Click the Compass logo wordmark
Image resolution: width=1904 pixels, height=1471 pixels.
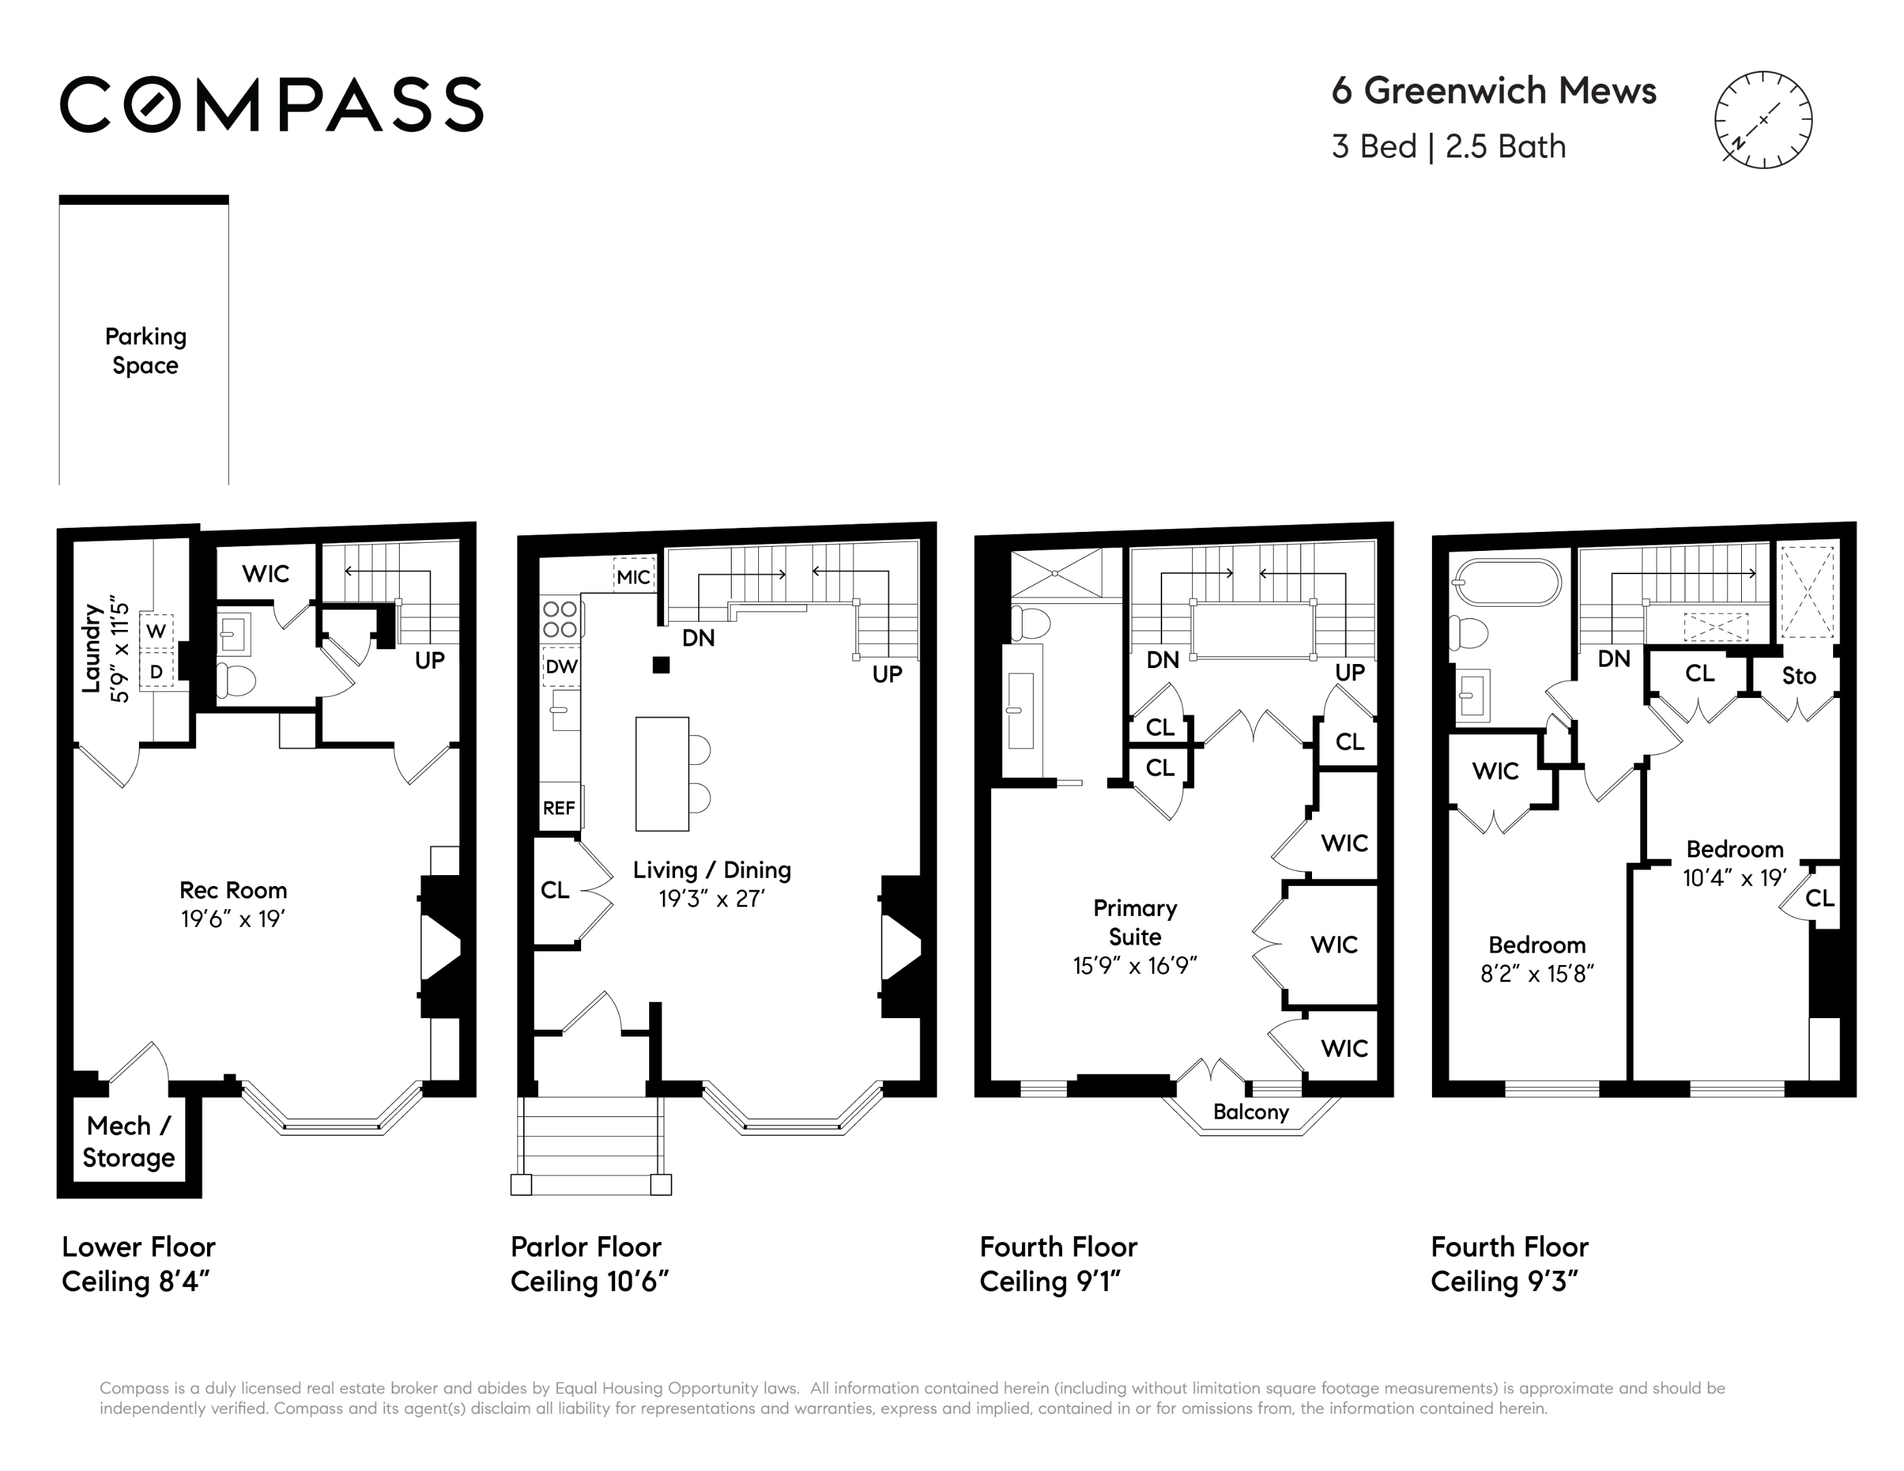pyautogui.click(x=271, y=105)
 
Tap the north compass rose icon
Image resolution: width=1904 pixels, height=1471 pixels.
pyautogui.click(x=1763, y=119)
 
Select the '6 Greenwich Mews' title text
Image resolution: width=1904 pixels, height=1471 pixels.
pyautogui.click(x=1493, y=91)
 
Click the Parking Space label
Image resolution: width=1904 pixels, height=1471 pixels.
pyautogui.click(x=146, y=350)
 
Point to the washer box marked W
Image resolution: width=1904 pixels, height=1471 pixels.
pyautogui.click(x=156, y=631)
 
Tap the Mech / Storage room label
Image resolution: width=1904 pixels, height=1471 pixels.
pyautogui.click(x=129, y=1141)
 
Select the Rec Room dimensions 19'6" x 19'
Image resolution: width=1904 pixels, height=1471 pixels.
pyautogui.click(x=234, y=919)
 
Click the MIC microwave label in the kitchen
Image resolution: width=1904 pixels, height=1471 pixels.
pyautogui.click(x=634, y=576)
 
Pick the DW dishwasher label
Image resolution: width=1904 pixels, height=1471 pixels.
pyautogui.click(x=561, y=667)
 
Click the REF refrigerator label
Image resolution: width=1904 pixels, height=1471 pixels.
pyautogui.click(x=559, y=808)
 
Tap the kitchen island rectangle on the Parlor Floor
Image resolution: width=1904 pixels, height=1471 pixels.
pyautogui.click(x=663, y=774)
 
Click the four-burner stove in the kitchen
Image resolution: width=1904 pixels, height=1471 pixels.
pyautogui.click(x=561, y=619)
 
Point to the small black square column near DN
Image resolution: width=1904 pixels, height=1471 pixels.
pyautogui.click(x=661, y=665)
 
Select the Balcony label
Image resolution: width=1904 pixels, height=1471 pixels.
pyautogui.click(x=1251, y=1112)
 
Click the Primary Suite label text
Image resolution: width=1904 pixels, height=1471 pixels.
pyautogui.click(x=1135, y=922)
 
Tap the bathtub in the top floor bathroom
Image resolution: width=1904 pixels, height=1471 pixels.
pyautogui.click(x=1506, y=582)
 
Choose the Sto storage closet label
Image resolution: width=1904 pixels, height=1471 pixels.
pyautogui.click(x=1799, y=676)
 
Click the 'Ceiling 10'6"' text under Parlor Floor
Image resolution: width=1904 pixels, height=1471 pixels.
pyautogui.click(x=589, y=1282)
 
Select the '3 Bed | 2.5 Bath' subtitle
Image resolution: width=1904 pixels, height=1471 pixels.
pyautogui.click(x=1449, y=146)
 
